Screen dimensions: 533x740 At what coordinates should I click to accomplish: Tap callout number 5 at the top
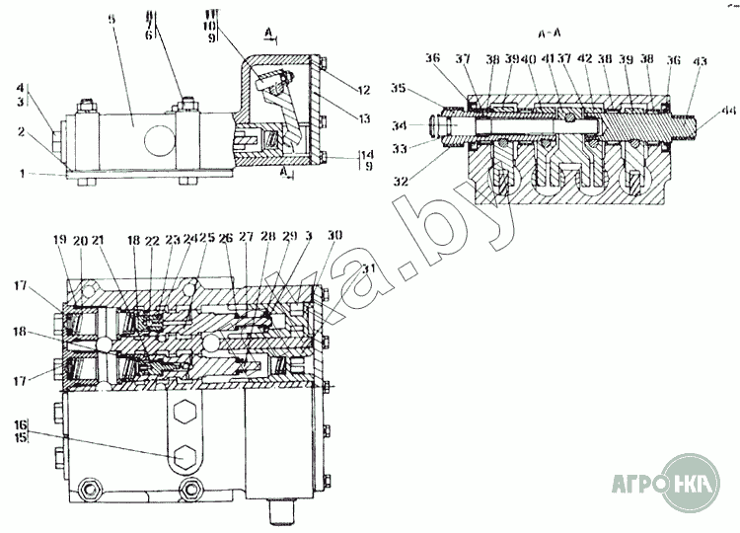pyautogui.click(x=113, y=21)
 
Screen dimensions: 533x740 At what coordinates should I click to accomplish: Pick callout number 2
pyautogui.click(x=47, y=130)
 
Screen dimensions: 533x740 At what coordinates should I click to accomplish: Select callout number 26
pyautogui.click(x=225, y=238)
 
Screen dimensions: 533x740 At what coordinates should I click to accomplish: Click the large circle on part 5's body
pyautogui.click(x=157, y=137)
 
